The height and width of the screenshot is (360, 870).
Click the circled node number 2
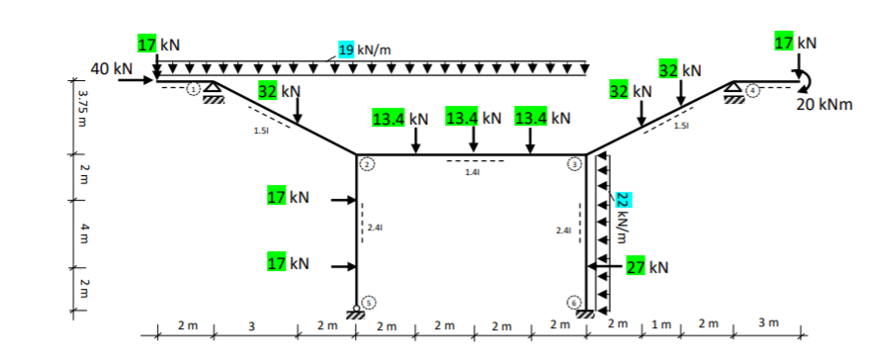click(366, 164)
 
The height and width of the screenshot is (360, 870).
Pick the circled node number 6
click(572, 301)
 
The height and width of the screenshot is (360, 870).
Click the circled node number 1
click(195, 88)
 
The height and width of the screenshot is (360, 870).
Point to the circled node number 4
click(754, 89)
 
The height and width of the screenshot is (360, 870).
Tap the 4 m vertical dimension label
click(83, 229)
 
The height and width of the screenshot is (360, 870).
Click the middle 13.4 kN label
click(475, 119)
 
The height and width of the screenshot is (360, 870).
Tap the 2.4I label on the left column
click(374, 228)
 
